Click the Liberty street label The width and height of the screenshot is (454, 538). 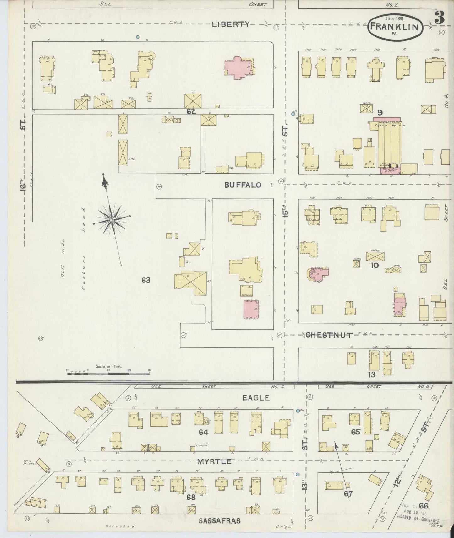230,24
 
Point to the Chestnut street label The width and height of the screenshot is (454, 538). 329,335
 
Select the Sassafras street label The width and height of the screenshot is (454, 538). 220,521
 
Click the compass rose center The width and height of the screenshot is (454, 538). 112,219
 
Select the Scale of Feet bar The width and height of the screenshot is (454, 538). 109,370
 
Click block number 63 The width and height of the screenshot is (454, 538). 146,280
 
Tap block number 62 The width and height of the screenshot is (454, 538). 191,111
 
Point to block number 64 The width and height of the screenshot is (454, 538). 203,432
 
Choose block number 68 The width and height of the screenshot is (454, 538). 191,497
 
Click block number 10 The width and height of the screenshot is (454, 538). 375,266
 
